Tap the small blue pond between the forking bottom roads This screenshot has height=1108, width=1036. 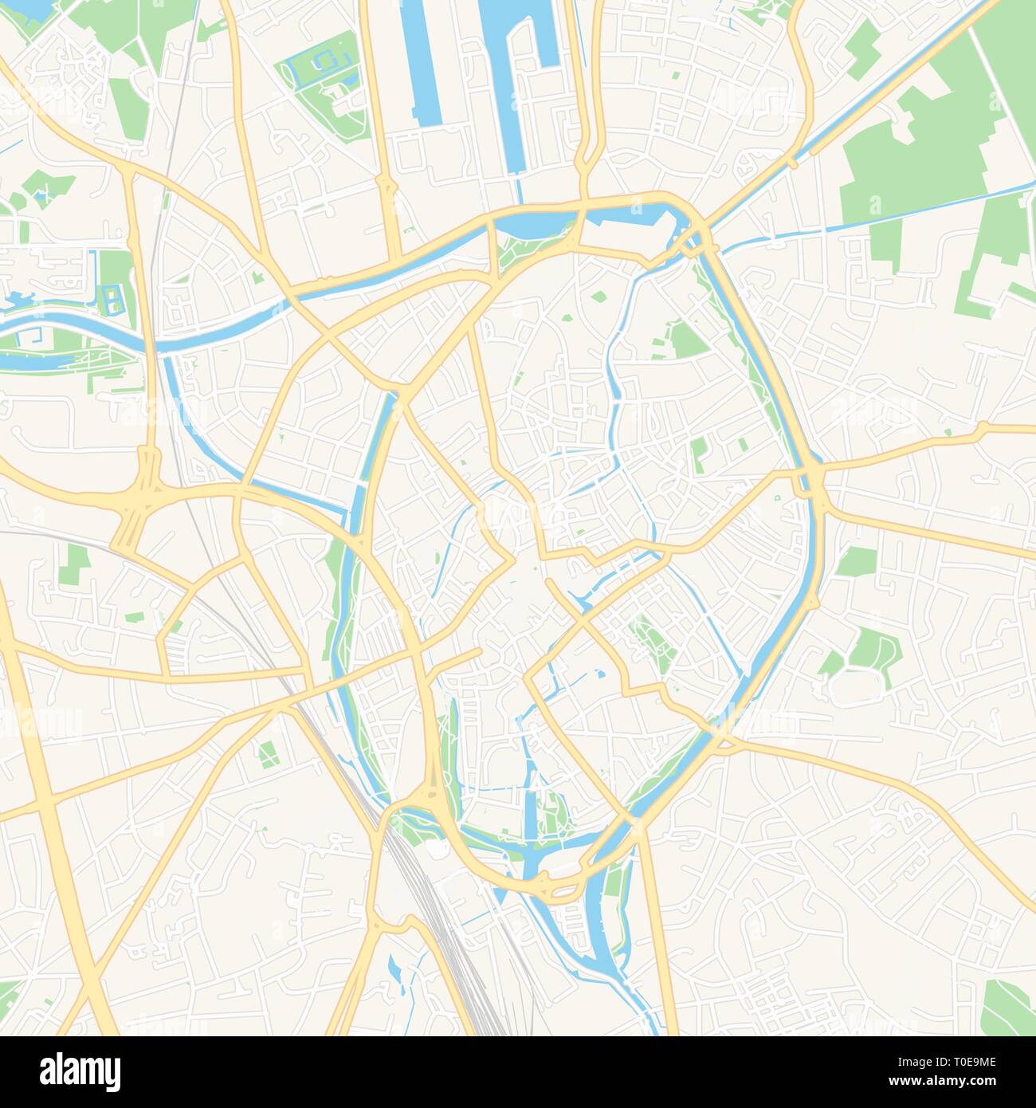coord(395,968)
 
